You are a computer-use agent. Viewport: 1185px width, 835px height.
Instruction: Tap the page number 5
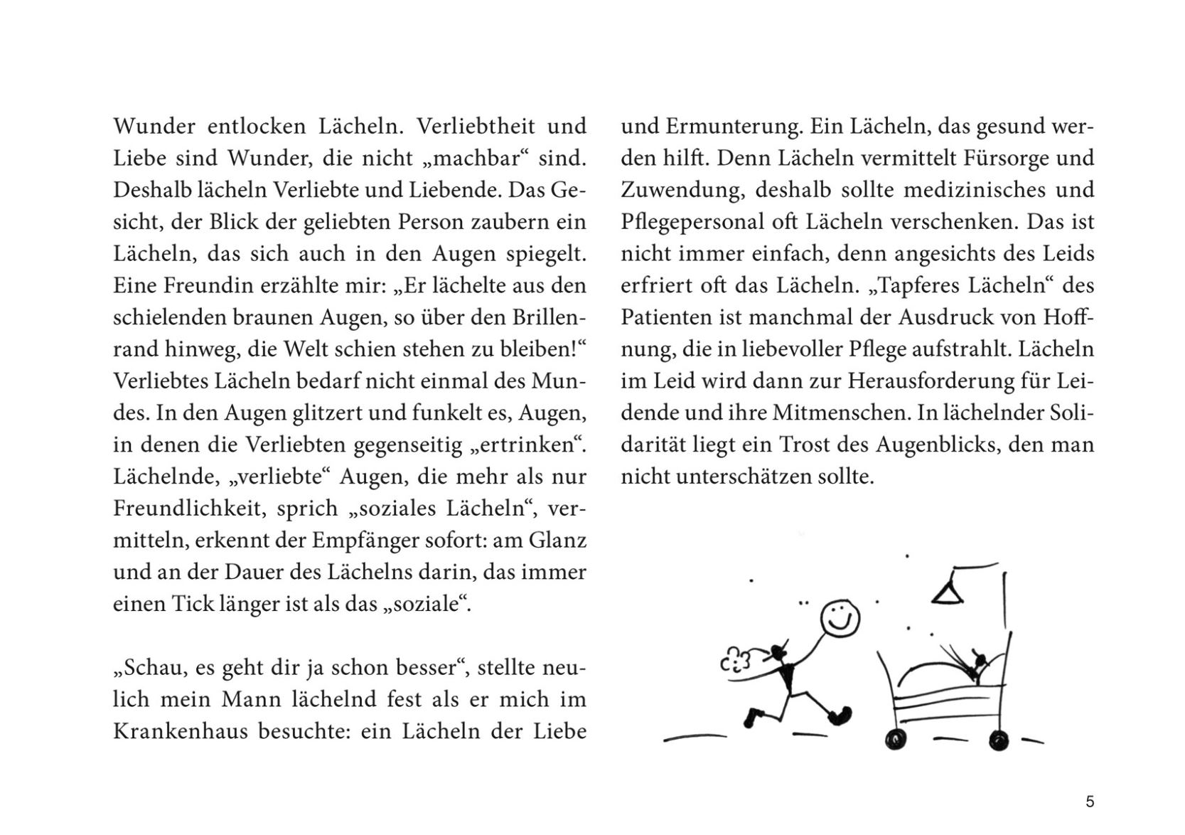1090,802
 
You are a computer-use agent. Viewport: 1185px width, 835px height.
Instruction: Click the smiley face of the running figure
840,619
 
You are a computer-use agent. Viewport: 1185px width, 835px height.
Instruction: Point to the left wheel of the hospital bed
896,739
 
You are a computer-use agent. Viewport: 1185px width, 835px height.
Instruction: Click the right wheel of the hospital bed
998,740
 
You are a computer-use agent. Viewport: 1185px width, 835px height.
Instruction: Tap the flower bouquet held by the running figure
736,661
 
